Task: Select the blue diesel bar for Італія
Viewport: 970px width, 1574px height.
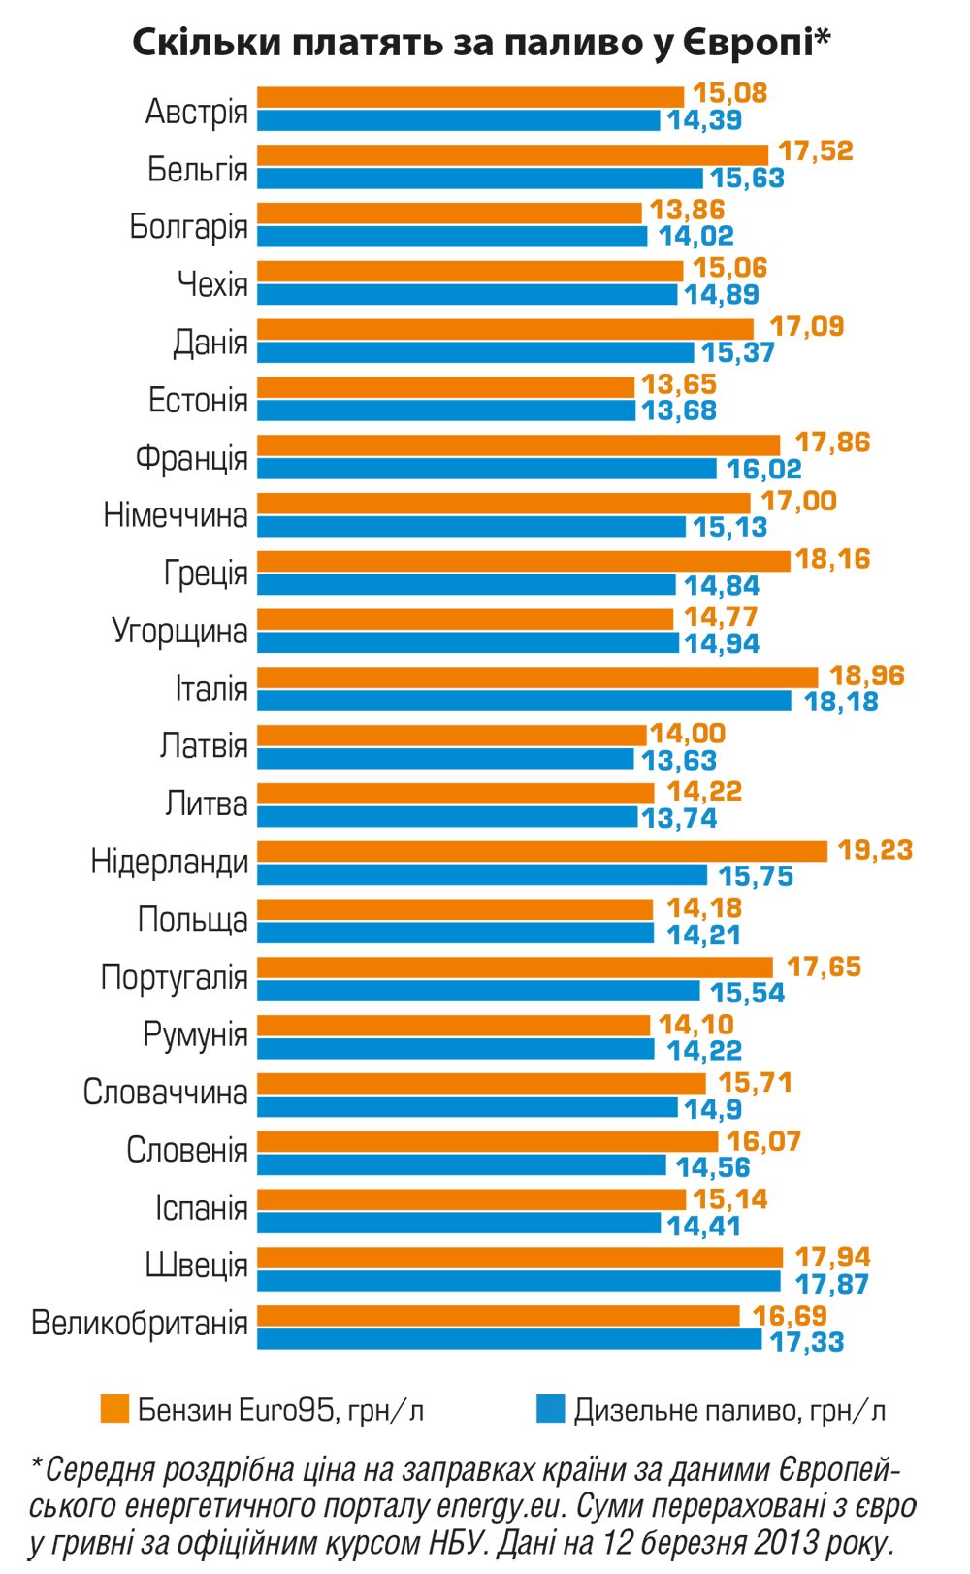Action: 524,701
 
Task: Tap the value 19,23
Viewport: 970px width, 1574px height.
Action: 875,850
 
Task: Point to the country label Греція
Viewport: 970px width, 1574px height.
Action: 206,574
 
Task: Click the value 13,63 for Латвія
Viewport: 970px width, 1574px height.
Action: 678,760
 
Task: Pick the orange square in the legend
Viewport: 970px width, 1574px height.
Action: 114,1409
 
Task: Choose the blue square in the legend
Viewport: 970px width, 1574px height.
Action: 550,1409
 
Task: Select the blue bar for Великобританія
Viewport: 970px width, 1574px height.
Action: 509,1340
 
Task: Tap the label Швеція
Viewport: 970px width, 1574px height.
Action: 196,1265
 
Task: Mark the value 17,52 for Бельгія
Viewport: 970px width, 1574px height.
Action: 816,151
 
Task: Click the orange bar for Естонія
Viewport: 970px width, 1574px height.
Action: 445,386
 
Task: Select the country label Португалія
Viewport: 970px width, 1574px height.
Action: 175,977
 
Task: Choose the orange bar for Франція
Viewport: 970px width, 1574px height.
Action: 518,444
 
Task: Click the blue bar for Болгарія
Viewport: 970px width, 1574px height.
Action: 452,236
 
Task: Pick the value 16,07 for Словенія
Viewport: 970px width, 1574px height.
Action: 763,1141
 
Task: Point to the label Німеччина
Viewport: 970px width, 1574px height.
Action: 176,515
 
